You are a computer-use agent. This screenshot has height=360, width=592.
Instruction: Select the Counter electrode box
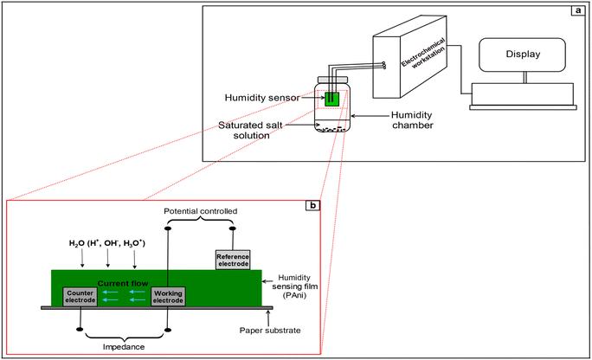pos(80,297)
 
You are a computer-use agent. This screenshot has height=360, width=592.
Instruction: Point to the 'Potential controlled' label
pos(198,211)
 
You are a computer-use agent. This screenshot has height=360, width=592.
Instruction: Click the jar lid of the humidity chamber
pos(333,82)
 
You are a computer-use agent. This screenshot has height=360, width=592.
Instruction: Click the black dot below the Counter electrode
pos(80,329)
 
